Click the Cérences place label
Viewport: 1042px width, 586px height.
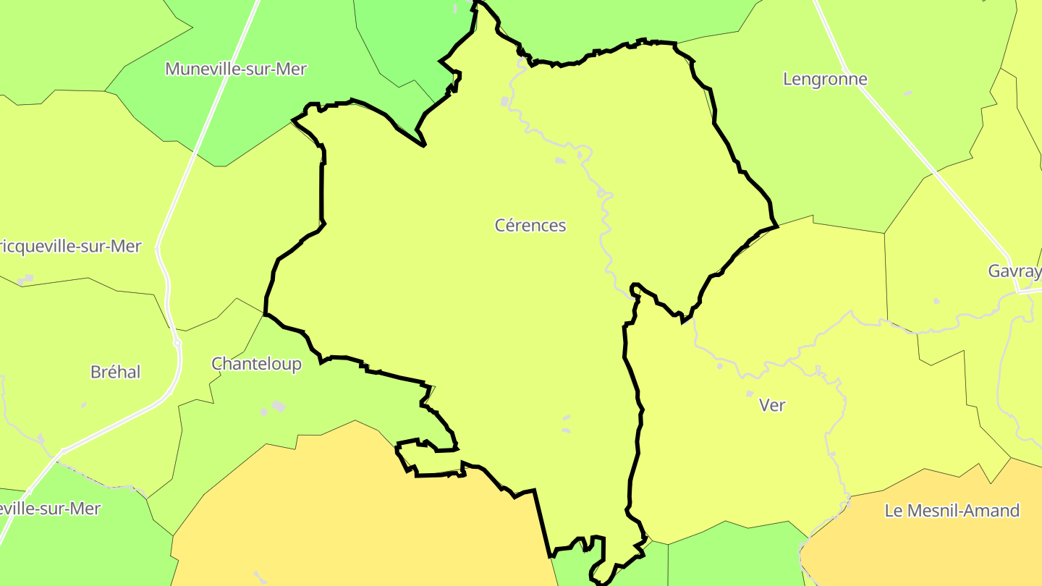pyautogui.click(x=530, y=226)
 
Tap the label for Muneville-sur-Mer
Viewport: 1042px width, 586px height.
pyautogui.click(x=236, y=69)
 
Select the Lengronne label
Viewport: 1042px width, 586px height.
pyautogui.click(x=825, y=79)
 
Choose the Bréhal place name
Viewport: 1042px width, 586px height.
pyautogui.click(x=116, y=372)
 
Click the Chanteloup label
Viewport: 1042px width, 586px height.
pyautogui.click(x=256, y=364)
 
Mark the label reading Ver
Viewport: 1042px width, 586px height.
pyautogui.click(x=772, y=405)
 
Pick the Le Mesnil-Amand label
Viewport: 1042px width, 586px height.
pyautogui.click(x=952, y=511)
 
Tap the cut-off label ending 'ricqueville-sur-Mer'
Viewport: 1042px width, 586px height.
pyautogui.click(x=70, y=247)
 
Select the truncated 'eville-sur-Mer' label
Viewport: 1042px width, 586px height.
pyautogui.click(x=50, y=509)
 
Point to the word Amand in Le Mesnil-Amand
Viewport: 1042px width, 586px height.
pyautogui.click(x=991, y=511)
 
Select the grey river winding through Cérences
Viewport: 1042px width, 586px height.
pyautogui.click(x=601, y=217)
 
